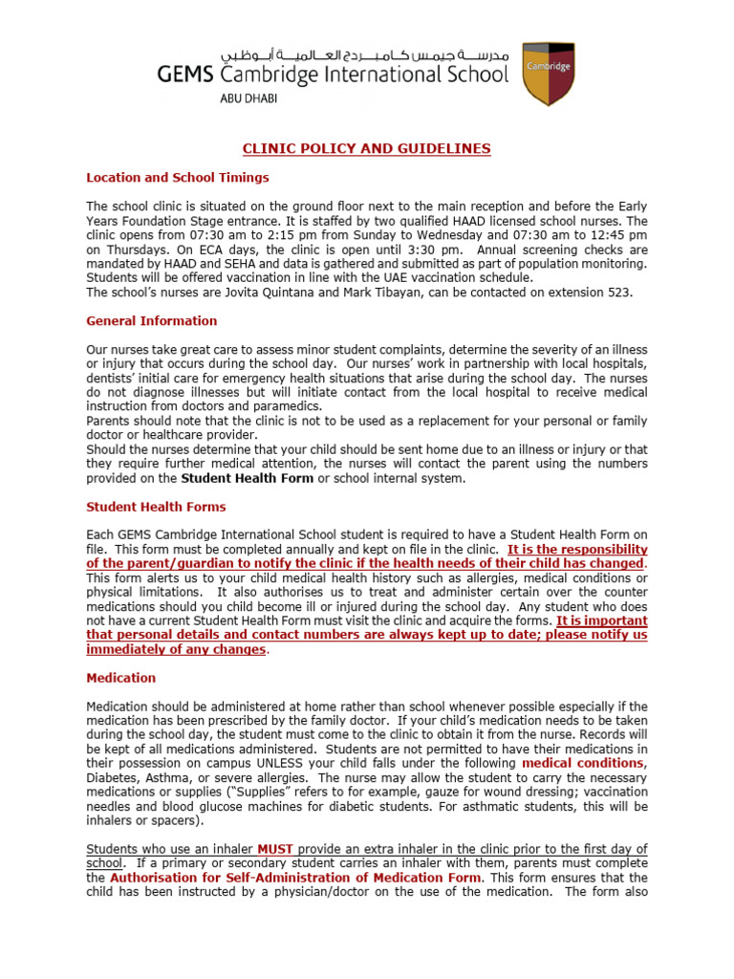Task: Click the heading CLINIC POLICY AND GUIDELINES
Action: pyautogui.click(x=367, y=148)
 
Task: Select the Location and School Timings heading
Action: pyautogui.click(x=178, y=177)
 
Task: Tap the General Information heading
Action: pyautogui.click(x=151, y=320)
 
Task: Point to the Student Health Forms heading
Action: pyautogui.click(x=156, y=506)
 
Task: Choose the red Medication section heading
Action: pyautogui.click(x=120, y=677)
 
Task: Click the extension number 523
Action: pyautogui.click(x=619, y=292)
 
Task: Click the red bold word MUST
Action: pyautogui.click(x=275, y=849)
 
